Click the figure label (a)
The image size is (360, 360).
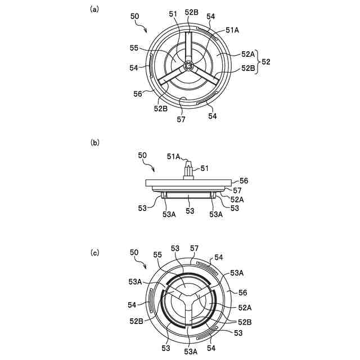tap(94, 10)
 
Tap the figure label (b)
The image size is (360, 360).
tap(94, 142)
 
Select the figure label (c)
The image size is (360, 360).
tap(94, 253)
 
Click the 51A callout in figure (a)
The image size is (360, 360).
tap(232, 30)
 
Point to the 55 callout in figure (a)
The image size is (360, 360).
tap(134, 48)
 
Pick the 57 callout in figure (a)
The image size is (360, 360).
tap(181, 119)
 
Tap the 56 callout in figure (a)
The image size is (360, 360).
tap(138, 94)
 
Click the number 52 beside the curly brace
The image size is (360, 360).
tap(266, 61)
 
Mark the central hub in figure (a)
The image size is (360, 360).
tap(188, 66)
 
